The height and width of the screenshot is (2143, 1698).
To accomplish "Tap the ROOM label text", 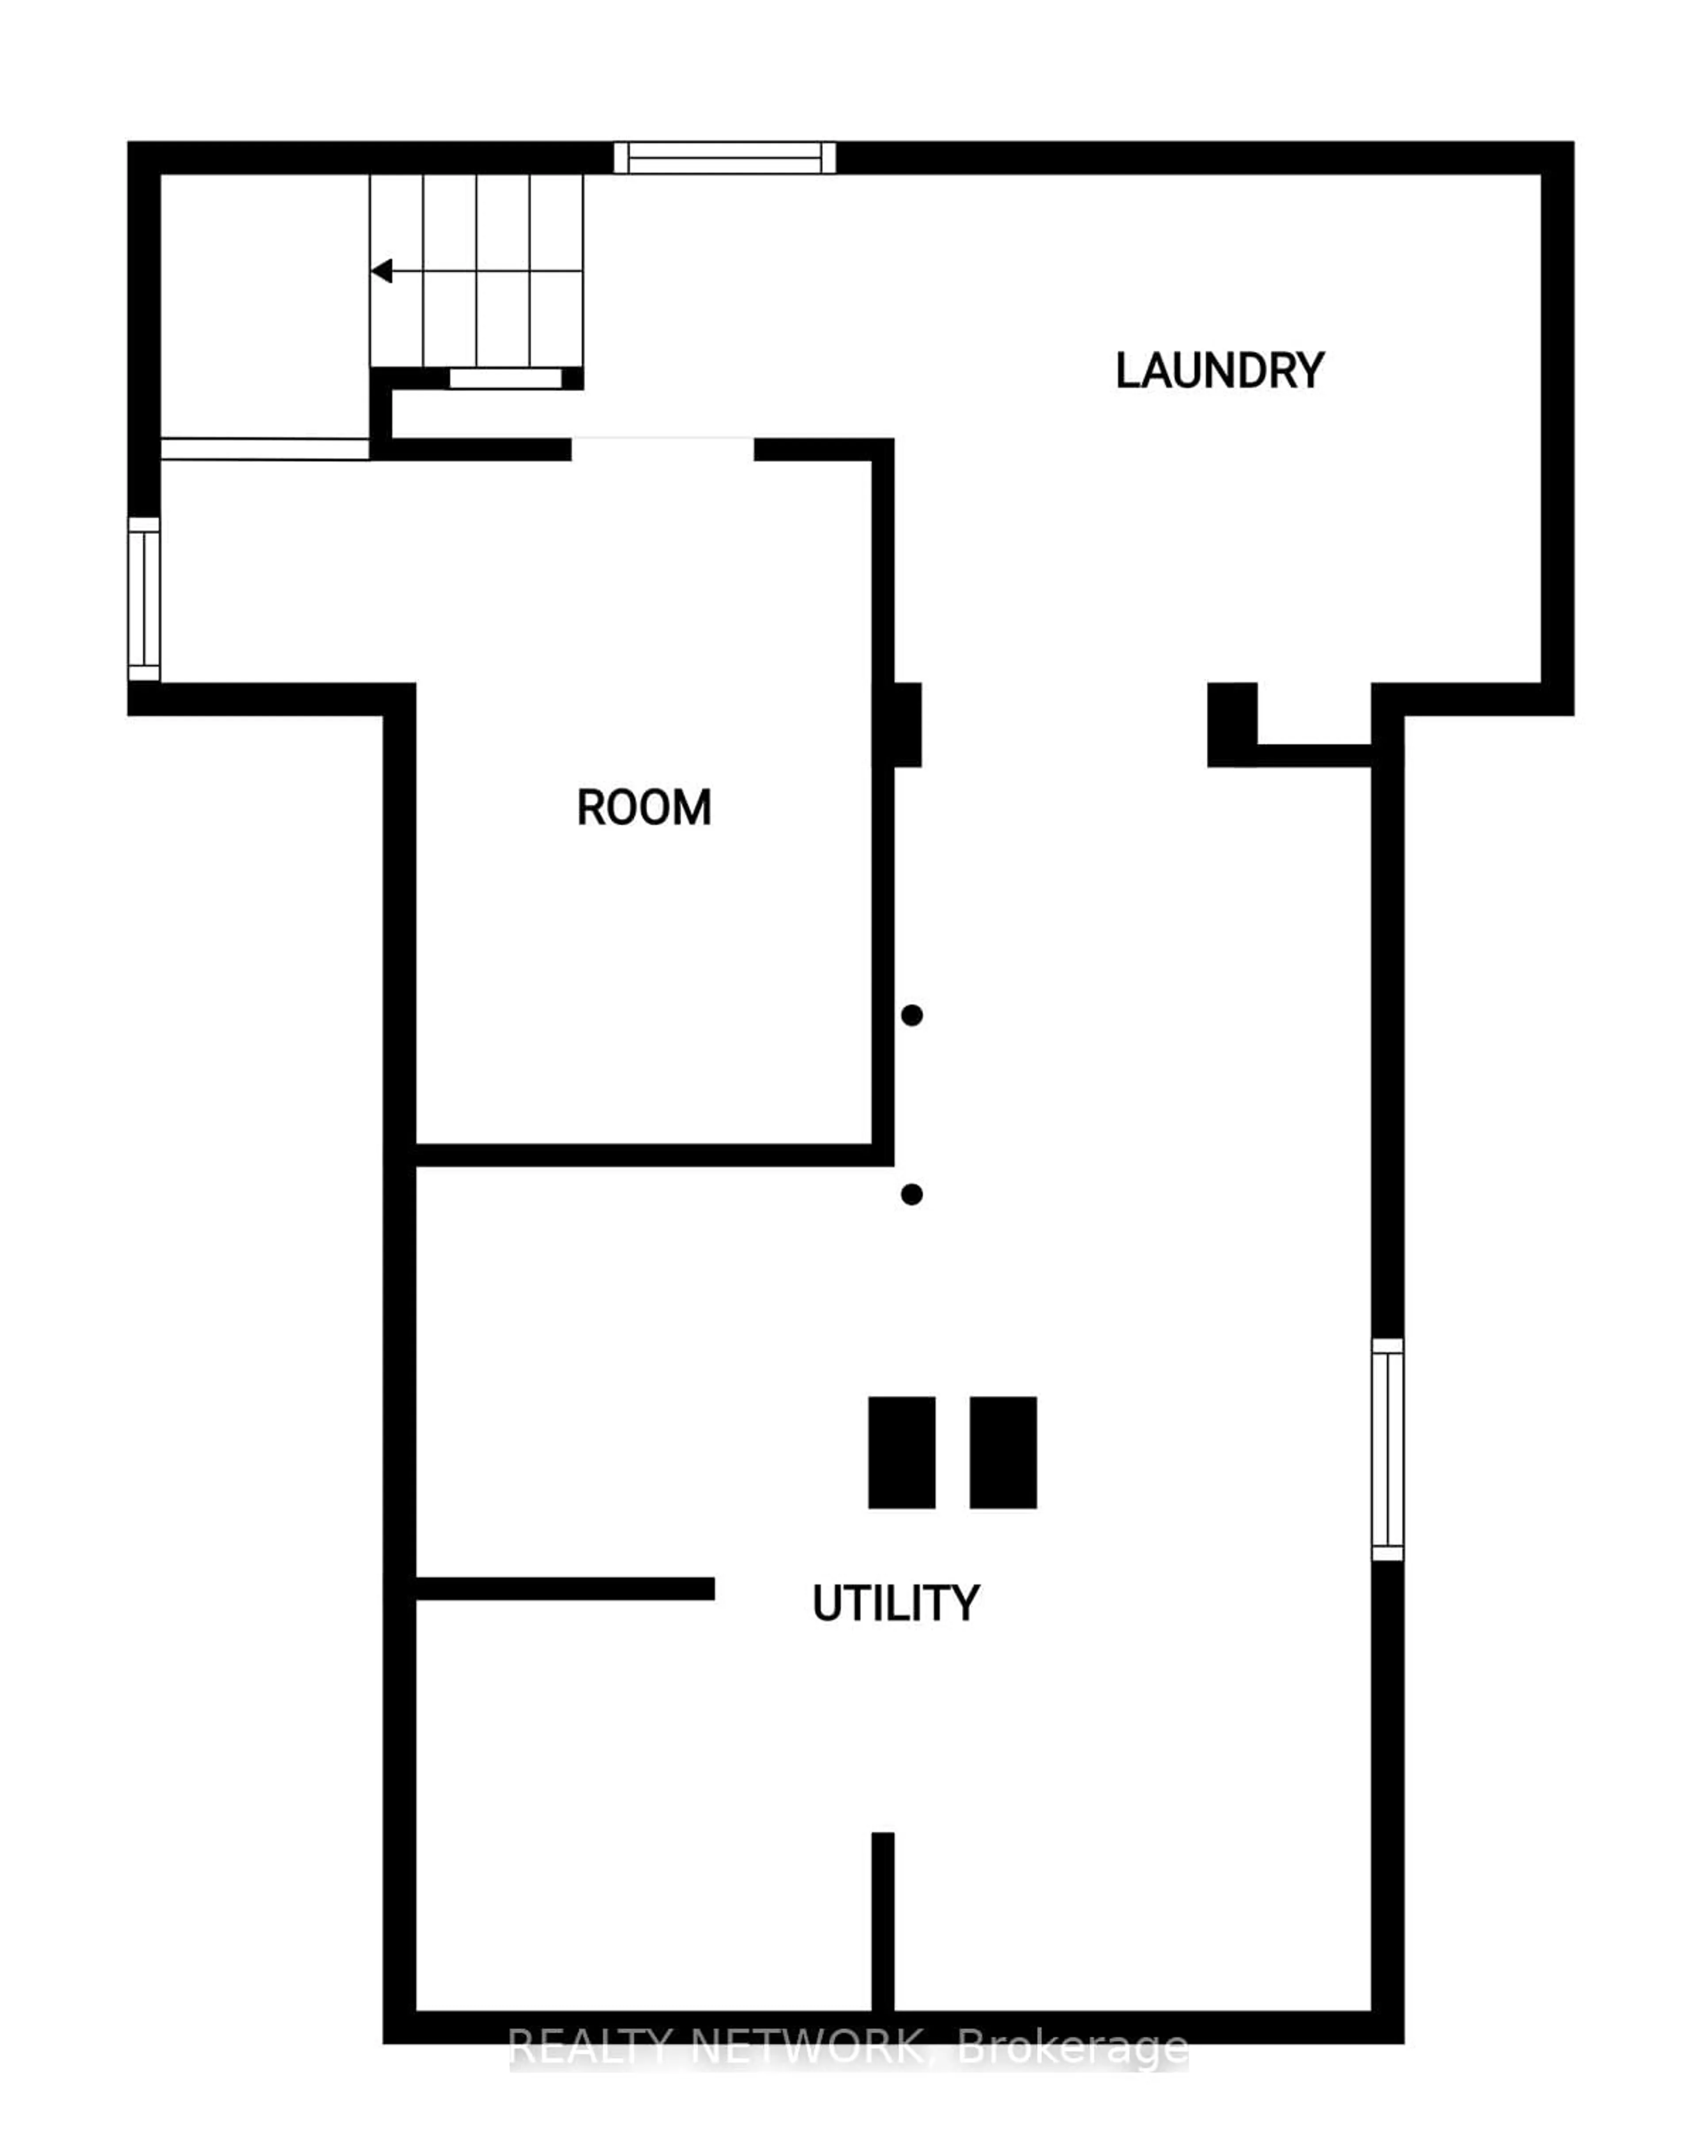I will click(644, 807).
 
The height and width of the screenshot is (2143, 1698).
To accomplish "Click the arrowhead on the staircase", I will click(382, 271).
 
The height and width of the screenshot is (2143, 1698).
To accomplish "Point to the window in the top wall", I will click(725, 157).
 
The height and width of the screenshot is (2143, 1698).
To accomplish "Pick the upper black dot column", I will click(912, 1015).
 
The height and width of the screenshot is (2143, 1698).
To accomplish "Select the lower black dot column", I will click(912, 1194).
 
